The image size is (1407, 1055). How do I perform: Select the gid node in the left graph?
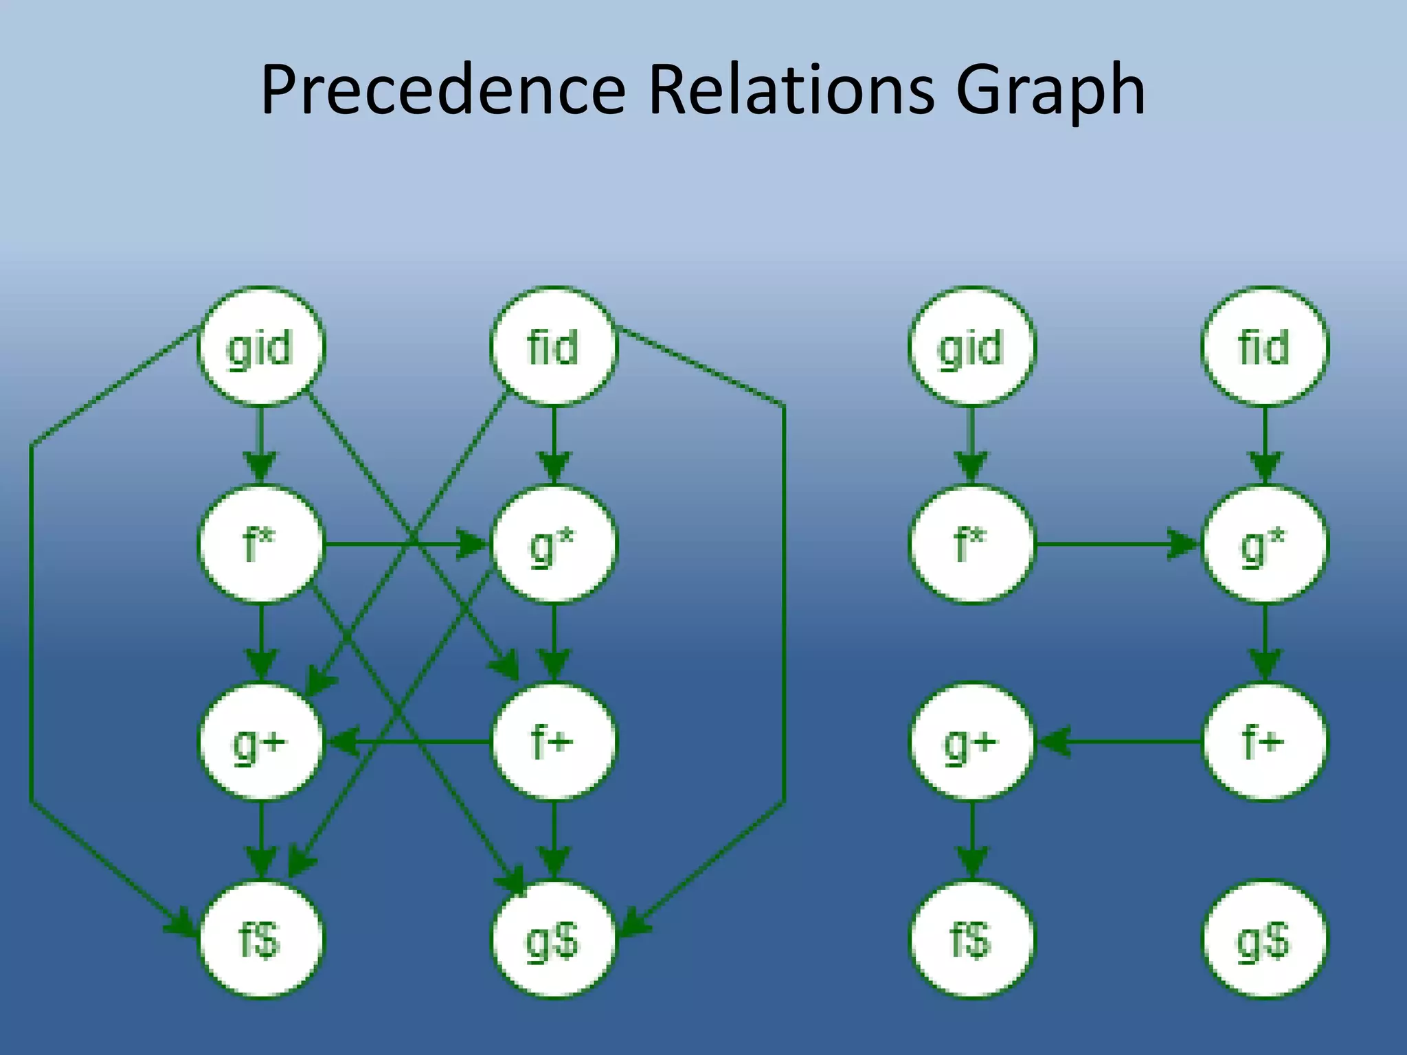[260, 346]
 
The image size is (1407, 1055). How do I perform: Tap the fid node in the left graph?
[554, 346]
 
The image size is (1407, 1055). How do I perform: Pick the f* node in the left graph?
[260, 544]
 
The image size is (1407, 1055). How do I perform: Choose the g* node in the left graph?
[554, 544]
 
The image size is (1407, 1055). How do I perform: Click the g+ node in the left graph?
[260, 742]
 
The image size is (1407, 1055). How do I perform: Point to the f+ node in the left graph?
[554, 742]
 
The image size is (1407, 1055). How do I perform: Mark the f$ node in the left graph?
[260, 940]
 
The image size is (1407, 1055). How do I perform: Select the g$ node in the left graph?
[554, 940]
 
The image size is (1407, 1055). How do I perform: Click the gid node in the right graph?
[971, 346]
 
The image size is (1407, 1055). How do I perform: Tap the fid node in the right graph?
[1264, 346]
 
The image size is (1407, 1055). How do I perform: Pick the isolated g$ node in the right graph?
[1264, 940]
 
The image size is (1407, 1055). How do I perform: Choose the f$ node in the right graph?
[971, 940]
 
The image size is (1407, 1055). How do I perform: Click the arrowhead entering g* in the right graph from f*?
[1183, 545]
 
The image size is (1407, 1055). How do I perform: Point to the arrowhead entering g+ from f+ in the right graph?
[1054, 742]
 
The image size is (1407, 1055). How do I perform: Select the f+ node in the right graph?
[1264, 742]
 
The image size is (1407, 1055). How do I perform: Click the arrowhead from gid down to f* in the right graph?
[971, 467]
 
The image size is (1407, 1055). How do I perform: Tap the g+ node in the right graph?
[971, 742]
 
